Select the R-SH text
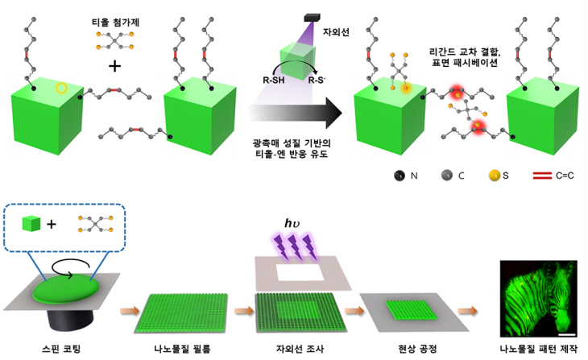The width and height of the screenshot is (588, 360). (x=267, y=81)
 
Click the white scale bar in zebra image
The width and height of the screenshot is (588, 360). (x=566, y=331)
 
